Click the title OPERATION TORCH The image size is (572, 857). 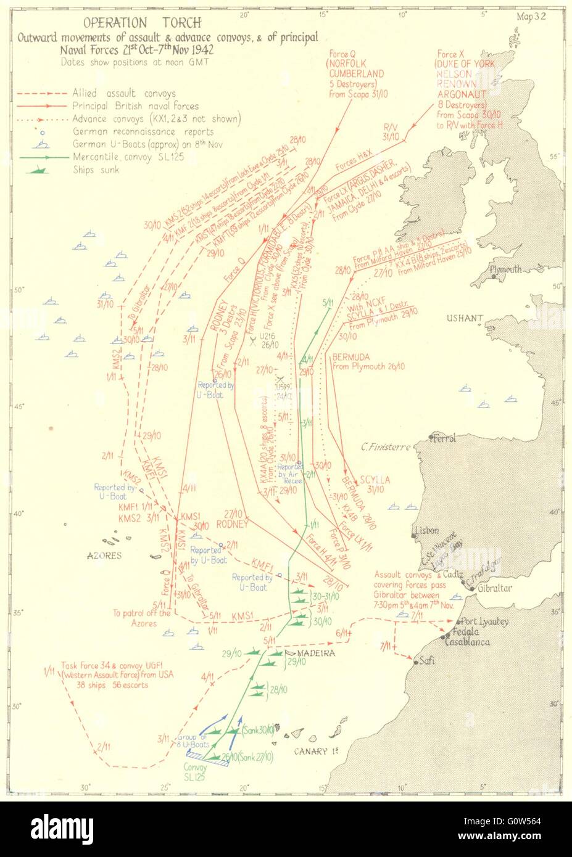point(142,23)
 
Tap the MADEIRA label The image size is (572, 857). point(316,653)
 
